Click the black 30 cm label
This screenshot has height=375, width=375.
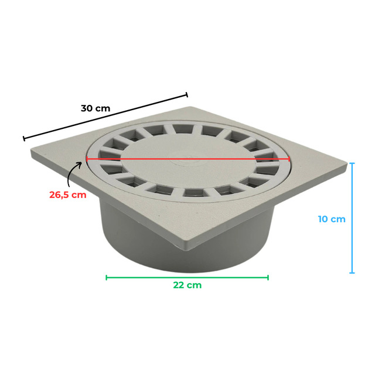pyautogui.click(x=96, y=108)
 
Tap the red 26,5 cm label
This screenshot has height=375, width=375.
pyautogui.click(x=68, y=195)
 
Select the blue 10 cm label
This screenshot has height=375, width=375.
pyautogui.click(x=332, y=219)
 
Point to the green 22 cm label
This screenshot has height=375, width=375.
pyautogui.click(x=187, y=285)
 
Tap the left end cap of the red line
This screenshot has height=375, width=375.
pyautogui.click(x=87, y=159)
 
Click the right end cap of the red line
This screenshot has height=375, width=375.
pyautogui.click(x=289, y=159)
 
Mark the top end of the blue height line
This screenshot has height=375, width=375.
pyautogui.click(x=352, y=163)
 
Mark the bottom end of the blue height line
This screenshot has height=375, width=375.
pyautogui.click(x=352, y=272)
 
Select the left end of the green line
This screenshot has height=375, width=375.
pyautogui.click(x=107, y=278)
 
